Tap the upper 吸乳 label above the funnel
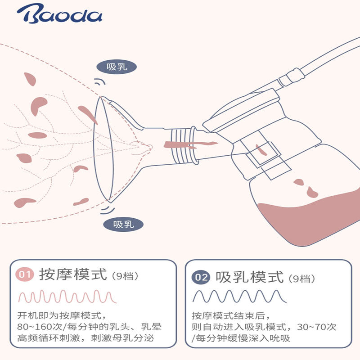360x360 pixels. click(117, 67)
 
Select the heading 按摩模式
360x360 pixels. click(73, 274)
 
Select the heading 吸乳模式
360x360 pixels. click(249, 276)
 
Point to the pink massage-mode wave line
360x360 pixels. click(67, 297)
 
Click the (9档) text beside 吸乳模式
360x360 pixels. click(300, 278)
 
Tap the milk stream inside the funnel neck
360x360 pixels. click(189, 145)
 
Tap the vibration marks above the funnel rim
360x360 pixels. click(99, 83)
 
